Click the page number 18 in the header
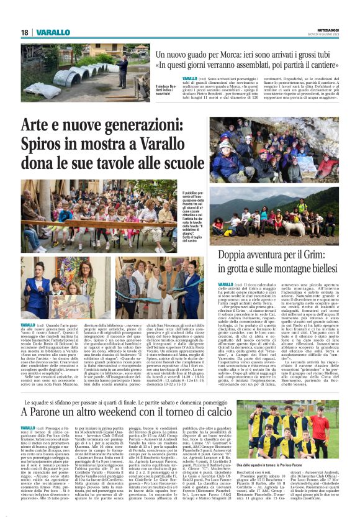point(24,32)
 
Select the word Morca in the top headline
point(224,55)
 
